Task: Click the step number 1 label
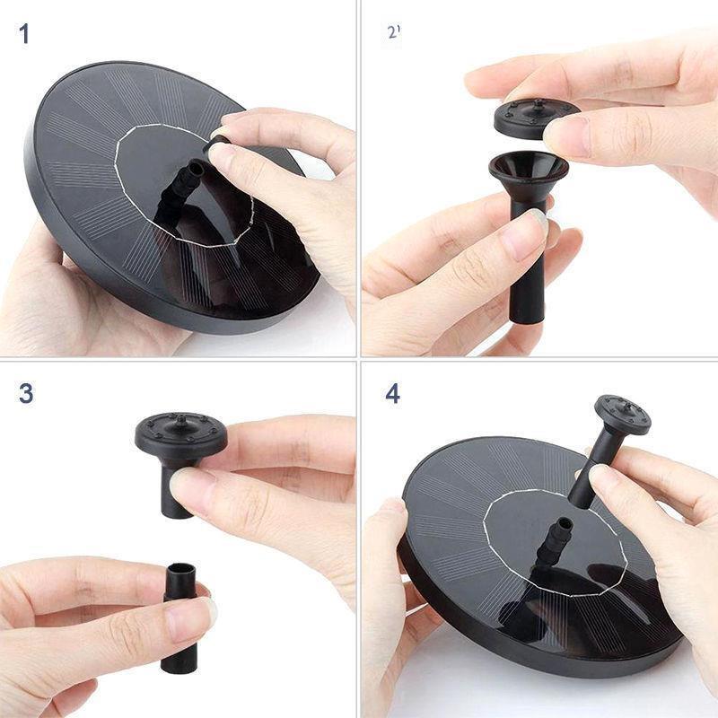pos(24,34)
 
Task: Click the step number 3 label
pos(26,393)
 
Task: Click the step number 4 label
pos(392,393)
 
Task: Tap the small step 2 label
pos(394,32)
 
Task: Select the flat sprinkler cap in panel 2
pos(536,118)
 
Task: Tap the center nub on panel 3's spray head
pos(181,418)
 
